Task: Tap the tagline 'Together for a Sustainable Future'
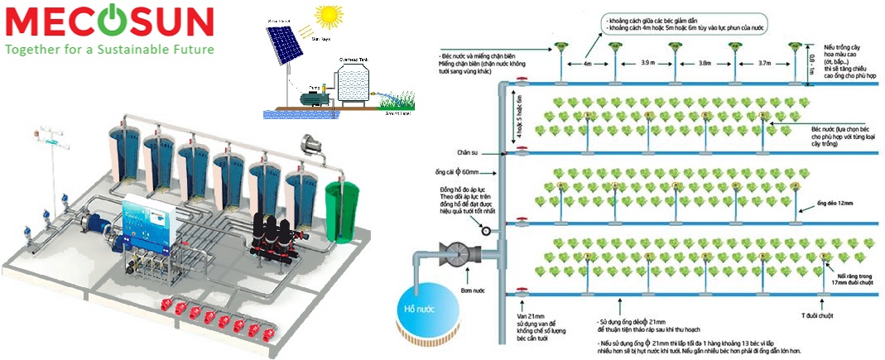[109, 50]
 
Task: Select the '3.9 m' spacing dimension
[645, 62]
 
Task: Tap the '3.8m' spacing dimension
[704, 62]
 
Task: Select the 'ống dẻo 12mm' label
[828, 204]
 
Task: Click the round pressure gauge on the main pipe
[485, 231]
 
